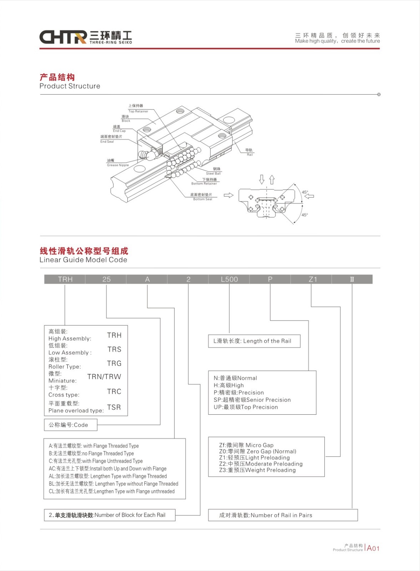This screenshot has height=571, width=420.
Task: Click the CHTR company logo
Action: point(85,37)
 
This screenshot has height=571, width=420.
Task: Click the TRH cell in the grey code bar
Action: point(65,279)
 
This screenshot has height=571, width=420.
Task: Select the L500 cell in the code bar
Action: point(229,279)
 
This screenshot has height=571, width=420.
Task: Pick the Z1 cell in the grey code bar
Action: point(313,279)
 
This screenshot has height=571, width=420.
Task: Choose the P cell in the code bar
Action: point(270,279)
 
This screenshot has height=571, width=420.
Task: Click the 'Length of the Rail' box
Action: point(254,341)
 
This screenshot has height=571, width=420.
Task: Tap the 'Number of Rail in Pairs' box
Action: point(283,515)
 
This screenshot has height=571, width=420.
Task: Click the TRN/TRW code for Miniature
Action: point(104,377)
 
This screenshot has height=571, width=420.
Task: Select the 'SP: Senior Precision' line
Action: point(252,400)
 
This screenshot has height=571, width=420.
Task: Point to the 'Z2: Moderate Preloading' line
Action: point(260,464)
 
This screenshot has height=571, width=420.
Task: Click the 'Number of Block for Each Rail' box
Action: point(109,515)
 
